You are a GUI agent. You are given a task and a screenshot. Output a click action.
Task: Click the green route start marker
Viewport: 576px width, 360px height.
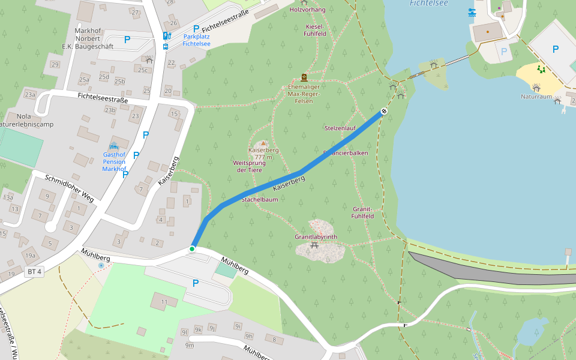(x=192, y=248)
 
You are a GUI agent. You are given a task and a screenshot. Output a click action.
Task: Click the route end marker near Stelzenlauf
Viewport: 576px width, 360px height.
(x=383, y=112)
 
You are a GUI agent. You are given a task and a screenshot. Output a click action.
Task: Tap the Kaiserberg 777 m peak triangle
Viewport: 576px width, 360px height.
(x=263, y=143)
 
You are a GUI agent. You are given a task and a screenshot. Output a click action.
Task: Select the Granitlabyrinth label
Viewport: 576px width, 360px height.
(x=316, y=237)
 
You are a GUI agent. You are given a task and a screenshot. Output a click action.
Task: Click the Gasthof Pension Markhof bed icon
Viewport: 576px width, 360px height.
(x=114, y=146)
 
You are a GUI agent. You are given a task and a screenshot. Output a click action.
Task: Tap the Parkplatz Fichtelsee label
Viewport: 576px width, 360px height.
(x=196, y=40)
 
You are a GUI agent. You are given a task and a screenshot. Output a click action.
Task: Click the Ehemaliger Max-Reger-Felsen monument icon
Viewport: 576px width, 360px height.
(x=304, y=77)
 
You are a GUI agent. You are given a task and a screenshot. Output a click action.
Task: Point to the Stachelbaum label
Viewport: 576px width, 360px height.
(x=260, y=199)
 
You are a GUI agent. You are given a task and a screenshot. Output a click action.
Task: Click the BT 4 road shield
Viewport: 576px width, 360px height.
(x=35, y=272)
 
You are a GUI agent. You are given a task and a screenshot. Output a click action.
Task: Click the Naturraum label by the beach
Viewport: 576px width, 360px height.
(x=536, y=96)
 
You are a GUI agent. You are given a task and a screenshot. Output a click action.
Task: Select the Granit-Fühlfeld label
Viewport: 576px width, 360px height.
(x=363, y=212)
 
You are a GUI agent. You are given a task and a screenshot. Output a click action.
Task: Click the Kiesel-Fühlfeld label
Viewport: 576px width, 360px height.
(x=315, y=31)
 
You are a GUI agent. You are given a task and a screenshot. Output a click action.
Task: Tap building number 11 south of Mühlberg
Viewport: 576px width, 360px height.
(x=163, y=301)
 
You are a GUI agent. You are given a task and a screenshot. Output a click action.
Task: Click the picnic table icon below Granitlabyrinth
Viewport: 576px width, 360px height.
(x=314, y=245)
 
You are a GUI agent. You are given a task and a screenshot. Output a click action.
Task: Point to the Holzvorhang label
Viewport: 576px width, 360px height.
(x=307, y=10)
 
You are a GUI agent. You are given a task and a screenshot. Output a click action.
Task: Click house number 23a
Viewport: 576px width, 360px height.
(x=29, y=95)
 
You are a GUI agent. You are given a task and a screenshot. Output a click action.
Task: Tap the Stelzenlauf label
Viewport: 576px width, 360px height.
(x=340, y=128)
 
